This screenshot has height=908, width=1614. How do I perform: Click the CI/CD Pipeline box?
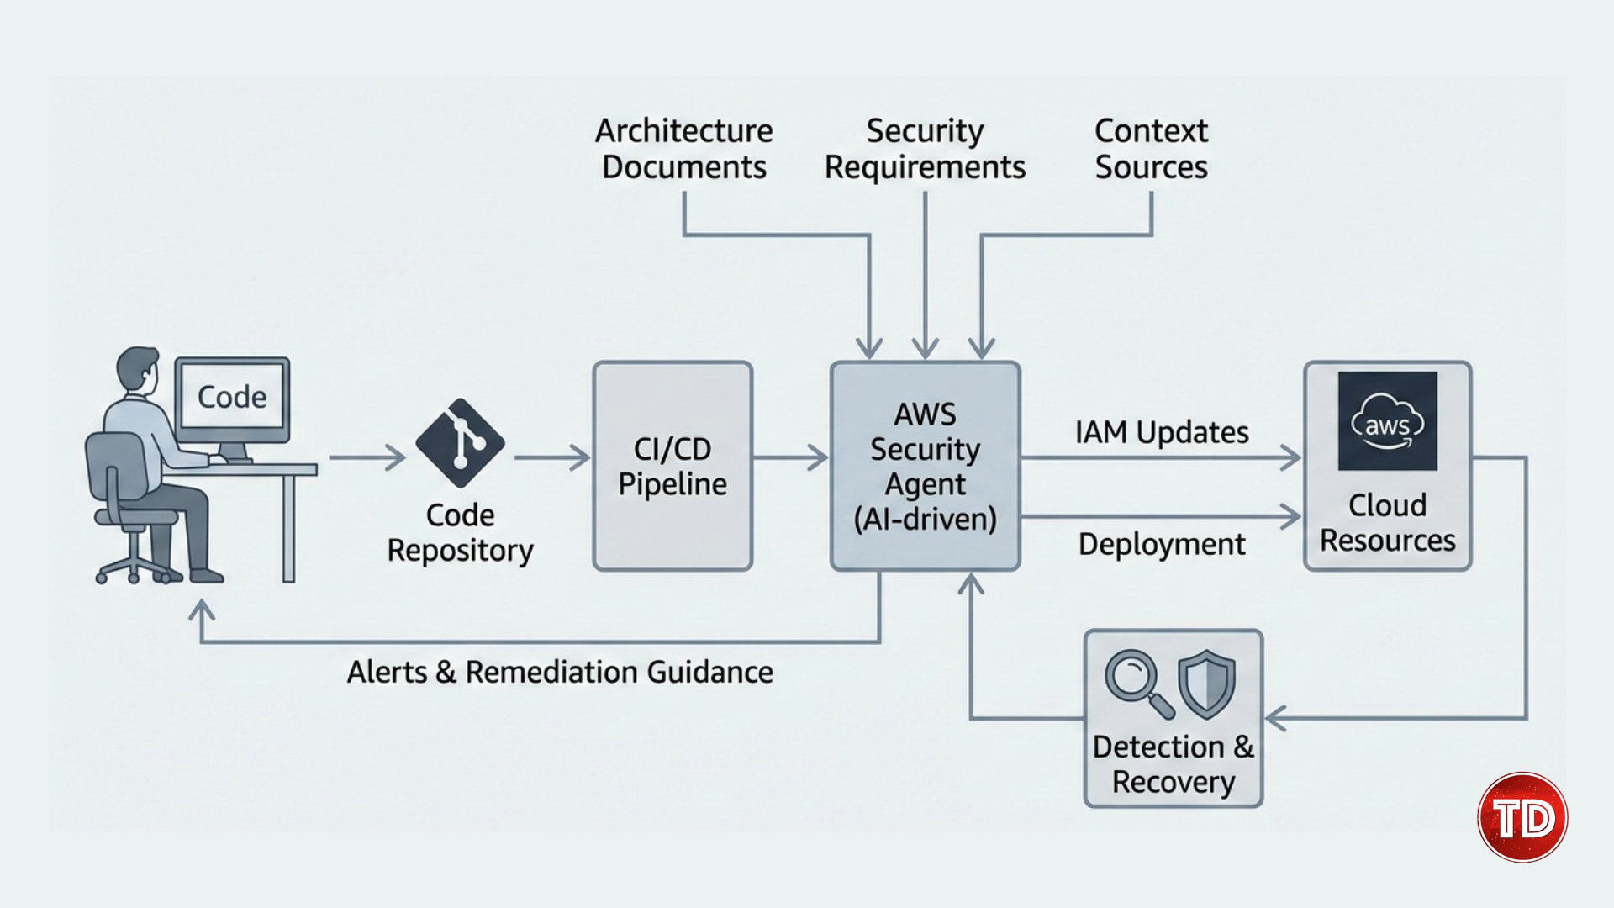tap(672, 467)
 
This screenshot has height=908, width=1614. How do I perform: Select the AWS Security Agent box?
tap(925, 467)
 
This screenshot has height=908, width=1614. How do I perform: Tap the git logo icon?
tap(460, 443)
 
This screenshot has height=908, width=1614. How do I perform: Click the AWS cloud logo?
tap(1387, 421)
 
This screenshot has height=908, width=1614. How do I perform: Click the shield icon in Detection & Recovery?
tap(1206, 683)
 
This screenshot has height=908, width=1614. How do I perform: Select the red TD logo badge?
tap(1522, 817)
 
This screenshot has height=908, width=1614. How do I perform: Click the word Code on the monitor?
tap(232, 397)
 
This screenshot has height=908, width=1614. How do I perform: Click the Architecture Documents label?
tap(684, 149)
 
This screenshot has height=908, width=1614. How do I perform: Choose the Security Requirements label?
tap(925, 149)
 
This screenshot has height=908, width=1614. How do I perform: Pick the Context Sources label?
tap(1151, 149)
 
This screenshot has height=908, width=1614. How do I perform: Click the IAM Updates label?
tap(1162, 432)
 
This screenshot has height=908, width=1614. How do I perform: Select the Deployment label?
tap(1162, 544)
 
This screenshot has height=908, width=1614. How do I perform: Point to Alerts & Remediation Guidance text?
tap(560, 672)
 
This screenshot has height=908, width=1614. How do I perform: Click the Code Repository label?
tap(460, 532)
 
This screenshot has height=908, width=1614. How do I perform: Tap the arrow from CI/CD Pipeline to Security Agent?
tap(790, 457)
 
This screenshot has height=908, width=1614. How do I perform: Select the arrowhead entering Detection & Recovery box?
tap(1276, 719)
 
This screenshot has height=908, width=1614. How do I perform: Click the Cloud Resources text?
tap(1387, 523)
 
